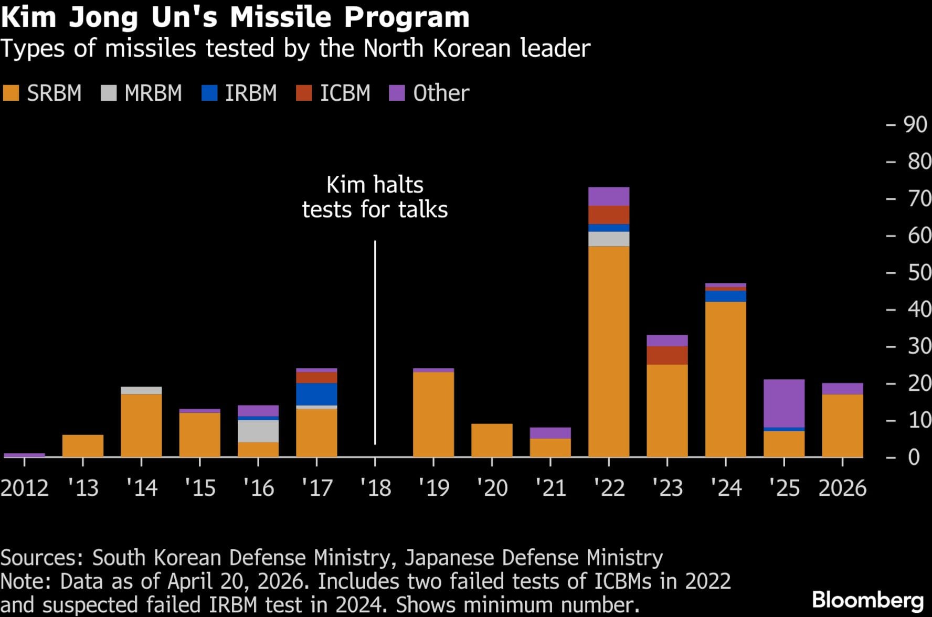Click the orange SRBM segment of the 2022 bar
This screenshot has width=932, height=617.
click(x=609, y=352)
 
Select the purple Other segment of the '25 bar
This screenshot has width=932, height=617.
click(x=783, y=403)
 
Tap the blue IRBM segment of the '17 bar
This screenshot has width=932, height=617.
click(x=316, y=394)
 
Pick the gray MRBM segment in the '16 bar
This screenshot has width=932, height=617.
click(x=258, y=431)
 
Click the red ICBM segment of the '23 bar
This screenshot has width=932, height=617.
click(x=667, y=355)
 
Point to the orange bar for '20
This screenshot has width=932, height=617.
click(x=492, y=440)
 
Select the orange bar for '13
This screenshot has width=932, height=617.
click(x=83, y=445)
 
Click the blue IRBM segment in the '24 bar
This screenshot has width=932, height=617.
click(x=725, y=296)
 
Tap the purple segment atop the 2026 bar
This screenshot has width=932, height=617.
click(x=842, y=388)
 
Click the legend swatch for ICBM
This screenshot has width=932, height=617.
click(x=304, y=93)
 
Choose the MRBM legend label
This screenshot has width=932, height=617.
click(x=153, y=93)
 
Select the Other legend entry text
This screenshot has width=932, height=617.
click(x=441, y=93)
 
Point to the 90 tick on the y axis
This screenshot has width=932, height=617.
click(x=915, y=124)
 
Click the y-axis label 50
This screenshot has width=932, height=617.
click(x=919, y=273)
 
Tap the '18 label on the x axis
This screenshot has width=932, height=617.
click(x=375, y=488)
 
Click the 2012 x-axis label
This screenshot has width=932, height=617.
click(x=25, y=488)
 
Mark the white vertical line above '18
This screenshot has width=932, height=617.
click(x=375, y=341)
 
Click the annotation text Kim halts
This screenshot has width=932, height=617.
click(x=375, y=185)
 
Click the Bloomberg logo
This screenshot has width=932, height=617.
click(x=867, y=600)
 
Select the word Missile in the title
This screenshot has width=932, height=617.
click(x=281, y=17)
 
